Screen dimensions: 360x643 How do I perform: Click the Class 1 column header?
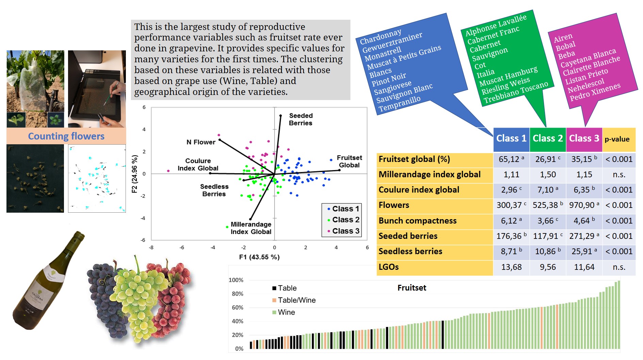pyautogui.click(x=511, y=138)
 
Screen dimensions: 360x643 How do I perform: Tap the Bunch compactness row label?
pyautogui.click(x=417, y=221)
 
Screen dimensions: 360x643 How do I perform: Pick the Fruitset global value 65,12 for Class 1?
pyautogui.click(x=511, y=159)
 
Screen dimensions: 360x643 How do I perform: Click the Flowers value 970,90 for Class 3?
pyautogui.click(x=584, y=205)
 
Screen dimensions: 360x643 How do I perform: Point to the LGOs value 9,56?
pyautogui.click(x=547, y=267)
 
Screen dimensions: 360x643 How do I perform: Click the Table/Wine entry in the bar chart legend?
pyautogui.click(x=296, y=300)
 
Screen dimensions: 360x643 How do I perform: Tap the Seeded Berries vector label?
pyautogui.click(x=300, y=119)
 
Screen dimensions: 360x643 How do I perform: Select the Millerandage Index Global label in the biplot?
pyautogui.click(x=251, y=228)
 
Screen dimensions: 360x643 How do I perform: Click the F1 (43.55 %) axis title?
pyautogui.click(x=259, y=257)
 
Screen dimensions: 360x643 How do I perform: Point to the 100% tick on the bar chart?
pyautogui.click(x=236, y=280)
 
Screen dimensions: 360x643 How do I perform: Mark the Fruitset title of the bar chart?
pyautogui.click(x=412, y=288)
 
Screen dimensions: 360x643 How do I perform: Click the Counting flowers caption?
pyautogui.click(x=66, y=136)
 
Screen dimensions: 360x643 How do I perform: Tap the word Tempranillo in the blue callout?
pyautogui.click(x=399, y=104)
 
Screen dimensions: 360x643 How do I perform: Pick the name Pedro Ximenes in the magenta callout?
pyautogui.click(x=595, y=92)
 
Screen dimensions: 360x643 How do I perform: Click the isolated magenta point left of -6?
pyautogui.click(x=168, y=171)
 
